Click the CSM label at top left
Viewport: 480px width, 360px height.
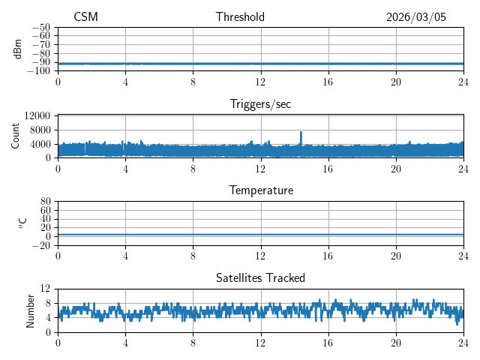pos(85,17)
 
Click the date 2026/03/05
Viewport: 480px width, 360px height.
pos(416,17)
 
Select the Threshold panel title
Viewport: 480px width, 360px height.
pos(240,17)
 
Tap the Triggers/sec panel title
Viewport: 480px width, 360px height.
pos(260,104)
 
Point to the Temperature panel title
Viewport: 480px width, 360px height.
pos(260,190)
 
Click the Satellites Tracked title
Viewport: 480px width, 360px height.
pos(260,278)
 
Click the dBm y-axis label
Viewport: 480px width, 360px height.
pos(18,49)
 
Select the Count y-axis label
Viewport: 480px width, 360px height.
pos(16,136)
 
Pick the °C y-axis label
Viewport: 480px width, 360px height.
pos(22,223)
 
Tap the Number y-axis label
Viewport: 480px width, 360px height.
pos(31,310)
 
